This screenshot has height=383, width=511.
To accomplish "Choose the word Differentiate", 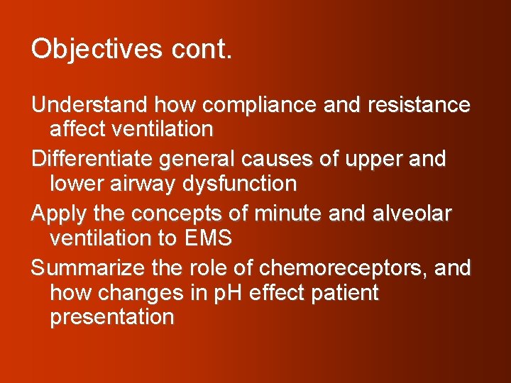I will [92, 159].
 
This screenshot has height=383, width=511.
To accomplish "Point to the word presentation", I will [111, 317].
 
